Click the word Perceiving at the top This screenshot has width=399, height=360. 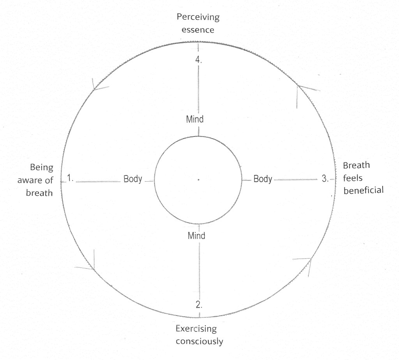(x=198, y=17)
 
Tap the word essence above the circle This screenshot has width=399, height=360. (x=198, y=30)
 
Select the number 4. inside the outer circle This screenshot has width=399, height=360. (x=198, y=60)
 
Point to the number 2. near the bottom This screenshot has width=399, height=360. (x=199, y=305)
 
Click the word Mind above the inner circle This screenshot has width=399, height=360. (x=195, y=119)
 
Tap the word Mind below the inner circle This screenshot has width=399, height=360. (x=196, y=236)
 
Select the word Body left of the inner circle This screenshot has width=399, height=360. (x=132, y=179)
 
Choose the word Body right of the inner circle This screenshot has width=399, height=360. (x=263, y=179)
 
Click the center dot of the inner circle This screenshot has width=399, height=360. (x=198, y=180)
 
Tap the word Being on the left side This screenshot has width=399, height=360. (x=41, y=168)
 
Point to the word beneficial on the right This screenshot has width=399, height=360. (x=364, y=190)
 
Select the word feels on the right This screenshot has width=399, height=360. (x=352, y=177)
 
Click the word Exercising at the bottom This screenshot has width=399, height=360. (x=196, y=329)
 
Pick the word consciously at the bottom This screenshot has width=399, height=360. (x=199, y=341)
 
